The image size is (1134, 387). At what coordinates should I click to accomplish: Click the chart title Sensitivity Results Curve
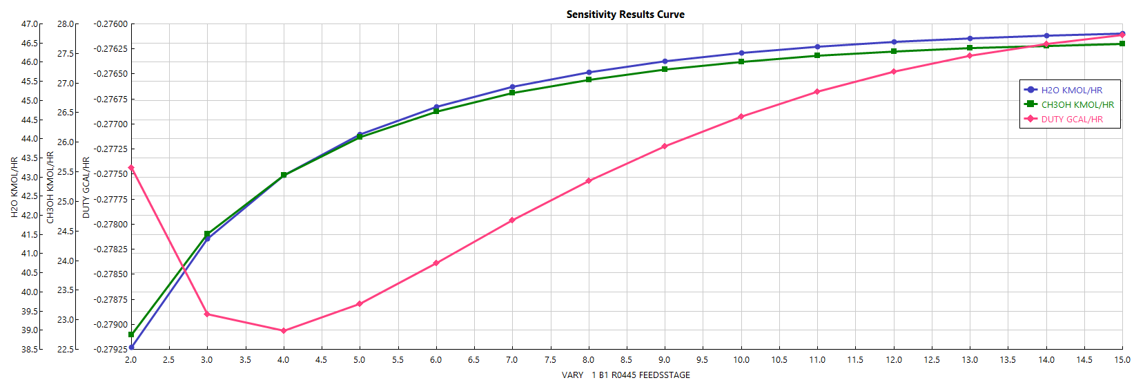click(625, 15)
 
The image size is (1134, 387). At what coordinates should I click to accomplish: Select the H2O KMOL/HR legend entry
click(1071, 91)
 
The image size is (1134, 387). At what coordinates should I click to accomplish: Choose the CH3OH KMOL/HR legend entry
click(1077, 105)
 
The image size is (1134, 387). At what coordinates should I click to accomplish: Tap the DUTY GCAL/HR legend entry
click(1071, 120)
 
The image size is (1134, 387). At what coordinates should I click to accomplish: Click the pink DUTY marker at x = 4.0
click(284, 331)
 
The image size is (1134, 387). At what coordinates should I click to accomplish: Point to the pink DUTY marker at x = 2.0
click(131, 168)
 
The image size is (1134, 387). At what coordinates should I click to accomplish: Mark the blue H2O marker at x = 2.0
click(131, 348)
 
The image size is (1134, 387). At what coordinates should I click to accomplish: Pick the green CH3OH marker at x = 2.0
click(131, 334)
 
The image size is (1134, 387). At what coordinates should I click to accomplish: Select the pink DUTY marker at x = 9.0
click(665, 147)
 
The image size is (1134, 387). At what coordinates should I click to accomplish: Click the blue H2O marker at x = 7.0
click(512, 87)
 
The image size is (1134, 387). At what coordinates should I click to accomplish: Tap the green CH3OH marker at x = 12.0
click(894, 52)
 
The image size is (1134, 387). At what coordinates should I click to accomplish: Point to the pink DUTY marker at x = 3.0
click(207, 314)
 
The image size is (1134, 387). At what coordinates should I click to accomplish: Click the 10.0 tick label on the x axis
click(741, 360)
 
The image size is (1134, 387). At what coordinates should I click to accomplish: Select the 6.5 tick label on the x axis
click(474, 360)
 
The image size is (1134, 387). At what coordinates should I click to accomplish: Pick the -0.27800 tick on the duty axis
click(111, 225)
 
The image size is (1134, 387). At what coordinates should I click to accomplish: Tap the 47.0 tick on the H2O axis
click(30, 24)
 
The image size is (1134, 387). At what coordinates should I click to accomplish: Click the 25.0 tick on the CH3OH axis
click(66, 202)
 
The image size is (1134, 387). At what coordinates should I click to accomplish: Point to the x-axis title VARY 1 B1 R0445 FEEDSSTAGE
click(625, 375)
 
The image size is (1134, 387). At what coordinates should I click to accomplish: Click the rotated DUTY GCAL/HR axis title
click(86, 187)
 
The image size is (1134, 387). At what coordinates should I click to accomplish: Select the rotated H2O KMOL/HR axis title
click(14, 187)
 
